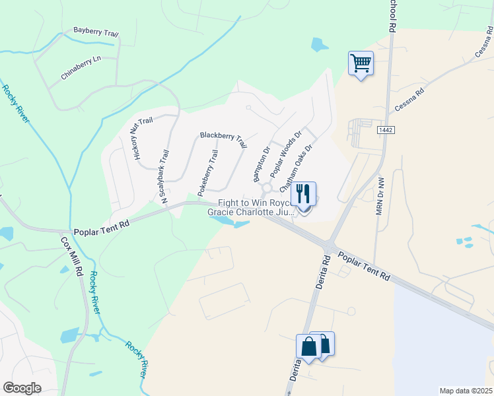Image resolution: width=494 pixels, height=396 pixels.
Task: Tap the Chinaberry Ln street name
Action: pos(81,67)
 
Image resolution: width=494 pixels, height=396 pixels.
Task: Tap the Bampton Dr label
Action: pos(262,164)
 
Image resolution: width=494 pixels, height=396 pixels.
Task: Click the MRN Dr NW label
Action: pos(379,195)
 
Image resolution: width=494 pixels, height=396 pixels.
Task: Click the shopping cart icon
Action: pos(361,63)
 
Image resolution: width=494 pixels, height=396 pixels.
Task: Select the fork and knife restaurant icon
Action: pos(303,194)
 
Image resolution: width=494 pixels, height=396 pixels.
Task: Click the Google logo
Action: pos(22,388)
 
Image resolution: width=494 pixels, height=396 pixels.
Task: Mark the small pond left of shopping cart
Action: pos(319,45)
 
